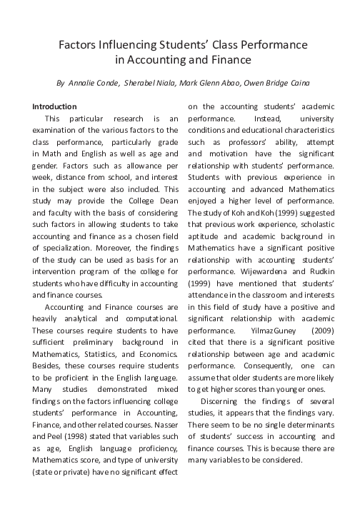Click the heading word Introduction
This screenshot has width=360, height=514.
pyautogui.click(x=54, y=106)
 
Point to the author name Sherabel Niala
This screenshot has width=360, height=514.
pyautogui.click(x=149, y=82)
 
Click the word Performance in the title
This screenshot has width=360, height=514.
pyautogui.click(x=272, y=45)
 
